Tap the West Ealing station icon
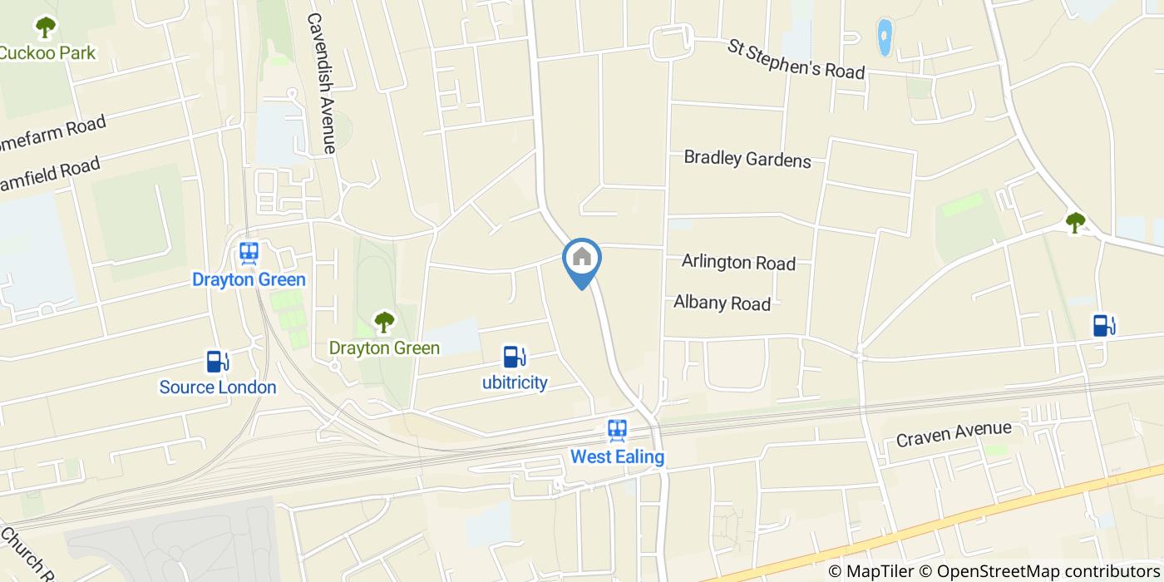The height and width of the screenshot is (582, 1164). point(617,430)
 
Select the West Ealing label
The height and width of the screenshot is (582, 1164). point(617,456)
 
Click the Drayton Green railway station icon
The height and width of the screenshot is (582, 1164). point(249,253)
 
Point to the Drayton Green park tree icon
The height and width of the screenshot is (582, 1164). point(383,321)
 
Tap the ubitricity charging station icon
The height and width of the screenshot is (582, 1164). point(515,357)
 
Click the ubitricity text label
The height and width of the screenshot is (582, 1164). point(515,382)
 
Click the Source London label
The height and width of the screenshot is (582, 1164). point(218,387)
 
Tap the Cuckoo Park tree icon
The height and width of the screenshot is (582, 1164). point(45,27)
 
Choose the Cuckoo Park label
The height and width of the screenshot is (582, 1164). point(47,53)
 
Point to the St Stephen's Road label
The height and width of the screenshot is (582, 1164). point(796,58)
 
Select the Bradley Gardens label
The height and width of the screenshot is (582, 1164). point(747,158)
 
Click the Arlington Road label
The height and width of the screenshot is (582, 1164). point(738,262)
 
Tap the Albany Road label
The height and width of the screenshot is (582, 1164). point(722,303)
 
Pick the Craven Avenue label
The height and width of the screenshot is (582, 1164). point(954,433)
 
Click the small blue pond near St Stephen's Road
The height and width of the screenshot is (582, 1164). point(884,37)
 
